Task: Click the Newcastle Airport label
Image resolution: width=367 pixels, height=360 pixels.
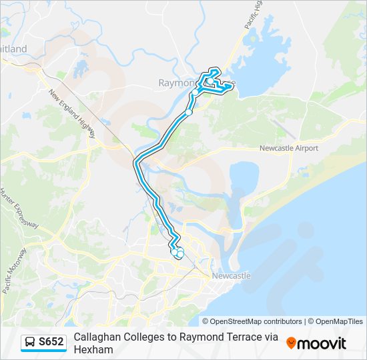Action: pyautogui.click(x=288, y=148)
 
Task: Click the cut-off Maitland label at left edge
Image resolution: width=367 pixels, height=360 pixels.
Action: pyautogui.click(x=14, y=49)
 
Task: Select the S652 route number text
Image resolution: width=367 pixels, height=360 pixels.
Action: pyautogui.click(x=51, y=343)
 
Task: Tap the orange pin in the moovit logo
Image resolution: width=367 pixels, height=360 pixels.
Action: pyautogui.click(x=291, y=343)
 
